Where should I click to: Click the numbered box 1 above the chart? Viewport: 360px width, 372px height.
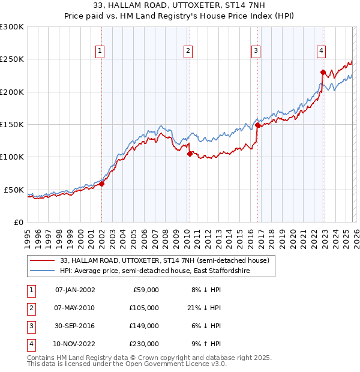[100, 51]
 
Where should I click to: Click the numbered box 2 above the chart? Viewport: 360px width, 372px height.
[188, 51]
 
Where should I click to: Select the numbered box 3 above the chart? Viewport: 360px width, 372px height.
[256, 51]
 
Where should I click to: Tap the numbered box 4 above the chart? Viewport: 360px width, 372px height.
[322, 51]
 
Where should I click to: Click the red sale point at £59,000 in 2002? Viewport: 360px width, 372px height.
[101, 184]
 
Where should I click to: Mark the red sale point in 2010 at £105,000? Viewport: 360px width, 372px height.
[190, 154]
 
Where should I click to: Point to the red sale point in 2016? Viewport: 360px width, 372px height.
[257, 125]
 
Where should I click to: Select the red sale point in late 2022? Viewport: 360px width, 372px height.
[323, 73]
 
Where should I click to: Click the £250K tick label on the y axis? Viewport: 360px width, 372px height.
[12, 59]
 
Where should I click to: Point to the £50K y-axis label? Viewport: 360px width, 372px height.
[14, 190]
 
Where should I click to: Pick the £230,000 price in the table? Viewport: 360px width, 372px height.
[143, 344]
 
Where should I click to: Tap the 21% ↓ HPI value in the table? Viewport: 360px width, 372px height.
[203, 308]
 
